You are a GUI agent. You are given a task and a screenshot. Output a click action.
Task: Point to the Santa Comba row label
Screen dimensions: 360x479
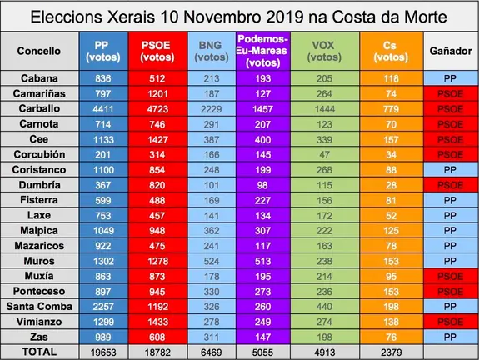tap(40, 306)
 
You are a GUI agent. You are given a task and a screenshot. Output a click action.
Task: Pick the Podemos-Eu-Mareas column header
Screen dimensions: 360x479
tap(263, 50)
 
